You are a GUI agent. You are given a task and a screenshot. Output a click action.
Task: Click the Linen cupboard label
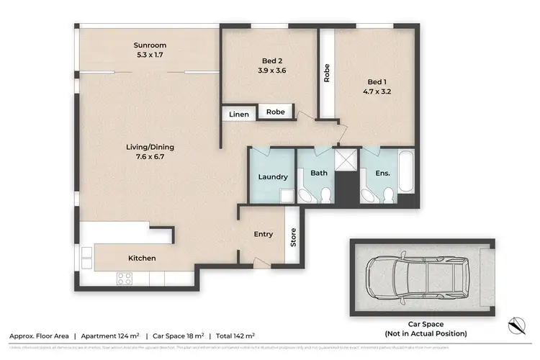pos(238,114)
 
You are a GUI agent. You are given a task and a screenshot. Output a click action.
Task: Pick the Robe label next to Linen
pos(276,112)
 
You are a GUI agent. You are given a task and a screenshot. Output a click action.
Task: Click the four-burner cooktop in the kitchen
pos(124,277)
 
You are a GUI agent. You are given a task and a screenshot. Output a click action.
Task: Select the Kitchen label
pos(142,258)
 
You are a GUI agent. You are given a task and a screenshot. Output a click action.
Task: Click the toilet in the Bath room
pos(326,194)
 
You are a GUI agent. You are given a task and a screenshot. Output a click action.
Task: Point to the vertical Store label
pos(293,237)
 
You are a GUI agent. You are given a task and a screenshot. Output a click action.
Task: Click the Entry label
pos(264,234)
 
